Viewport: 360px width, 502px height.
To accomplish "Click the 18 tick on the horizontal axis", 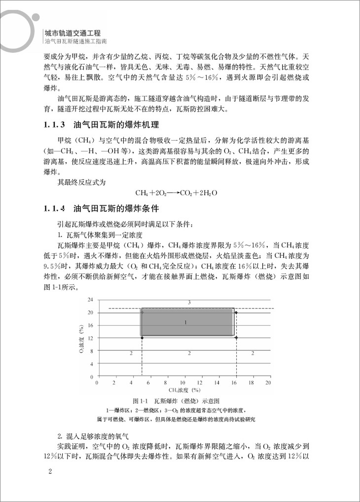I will pyautogui.click(x=252, y=383).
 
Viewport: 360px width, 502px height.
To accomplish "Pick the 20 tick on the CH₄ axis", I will pyautogui.click(x=268, y=383).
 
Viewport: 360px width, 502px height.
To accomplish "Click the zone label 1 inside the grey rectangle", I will pyautogui.click(x=185, y=322).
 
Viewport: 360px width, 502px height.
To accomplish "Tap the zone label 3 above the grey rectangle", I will pyautogui.click(x=189, y=302).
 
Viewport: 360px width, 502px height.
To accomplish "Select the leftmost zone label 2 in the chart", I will pyautogui.click(x=131, y=353).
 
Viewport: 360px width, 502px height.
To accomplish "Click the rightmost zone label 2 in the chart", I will pyautogui.click(x=252, y=353).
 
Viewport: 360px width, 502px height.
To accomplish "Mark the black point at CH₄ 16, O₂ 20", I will pyautogui.click(x=236, y=312).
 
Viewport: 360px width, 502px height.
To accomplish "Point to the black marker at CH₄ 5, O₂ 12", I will pyautogui.click(x=142, y=338).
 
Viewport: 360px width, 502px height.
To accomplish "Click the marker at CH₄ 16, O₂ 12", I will pyautogui.click(x=236, y=338).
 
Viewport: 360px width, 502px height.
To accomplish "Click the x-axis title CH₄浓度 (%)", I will pyautogui.click(x=184, y=390).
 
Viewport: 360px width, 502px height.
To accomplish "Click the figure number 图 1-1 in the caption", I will pyautogui.click(x=141, y=401).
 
